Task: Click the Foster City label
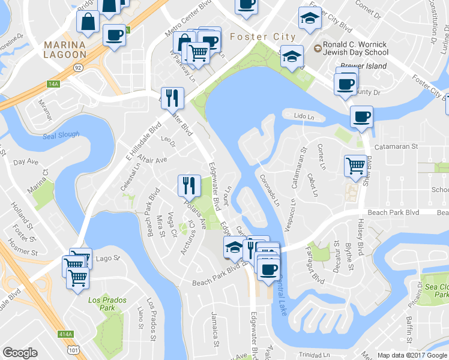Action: click(262, 37)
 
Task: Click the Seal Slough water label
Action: click(61, 135)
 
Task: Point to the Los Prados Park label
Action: click(101, 303)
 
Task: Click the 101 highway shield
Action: click(73, 348)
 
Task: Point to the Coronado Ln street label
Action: click(270, 190)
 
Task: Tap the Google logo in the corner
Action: click(20, 353)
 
